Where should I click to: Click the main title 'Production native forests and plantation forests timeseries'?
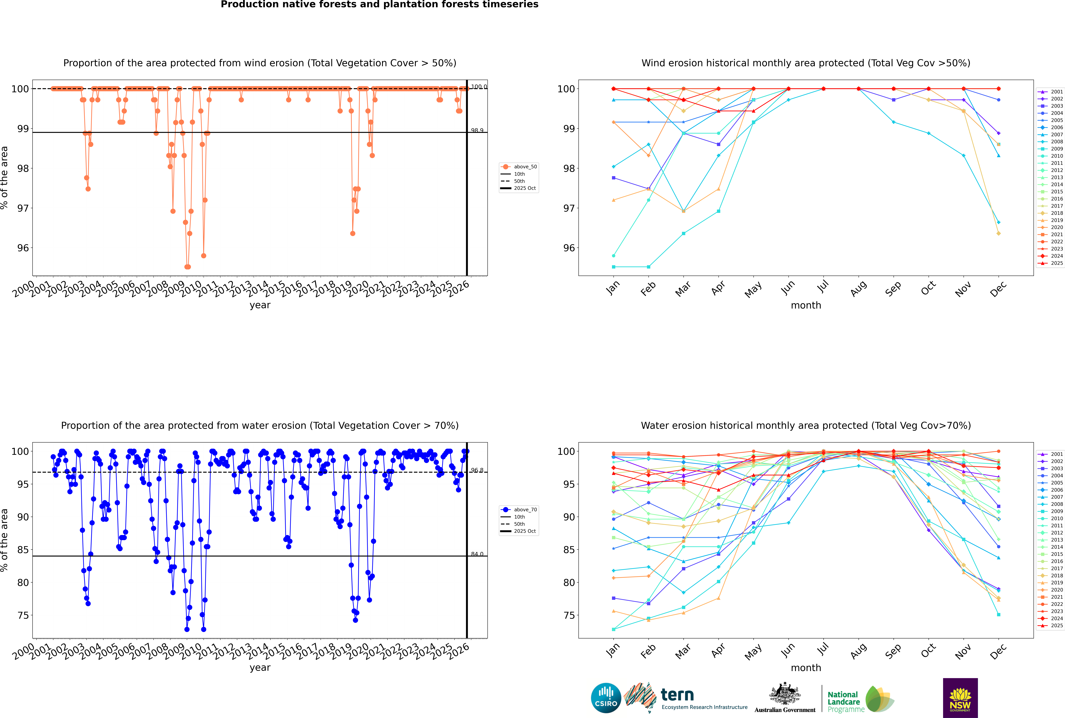380,5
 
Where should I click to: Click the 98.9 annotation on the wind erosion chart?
477,130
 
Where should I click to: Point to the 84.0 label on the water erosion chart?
477,554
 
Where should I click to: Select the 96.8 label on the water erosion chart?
477,470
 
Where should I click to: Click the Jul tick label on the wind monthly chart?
823,287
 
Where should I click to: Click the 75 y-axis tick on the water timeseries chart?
23,615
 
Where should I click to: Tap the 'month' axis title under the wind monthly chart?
806,305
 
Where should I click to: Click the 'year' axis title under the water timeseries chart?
260,668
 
